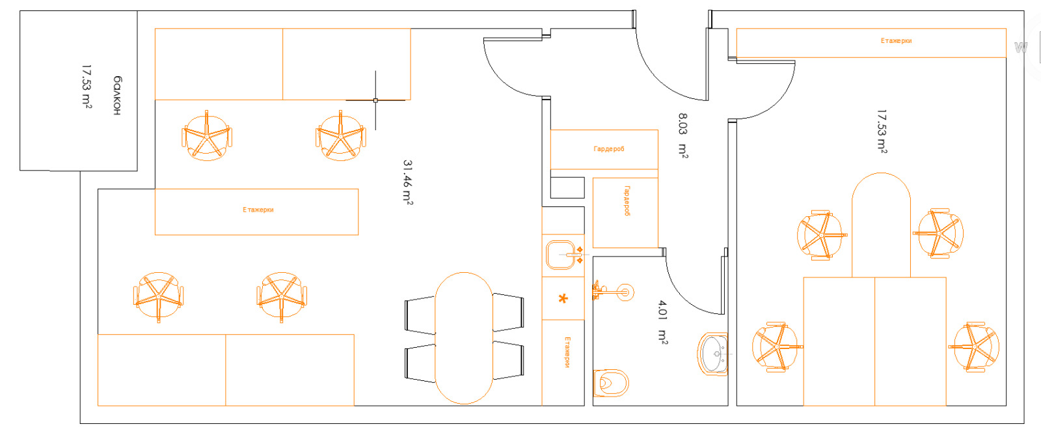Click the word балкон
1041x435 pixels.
(x=117, y=95)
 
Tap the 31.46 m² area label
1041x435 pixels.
(x=407, y=182)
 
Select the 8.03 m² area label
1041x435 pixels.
(x=683, y=135)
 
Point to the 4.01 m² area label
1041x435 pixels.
(x=663, y=322)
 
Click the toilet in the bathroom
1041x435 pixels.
(x=611, y=384)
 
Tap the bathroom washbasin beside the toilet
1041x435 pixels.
(x=713, y=354)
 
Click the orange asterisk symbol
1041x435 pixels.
(x=563, y=299)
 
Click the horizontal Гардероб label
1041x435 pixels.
(x=609, y=149)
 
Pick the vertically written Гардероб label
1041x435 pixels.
(x=627, y=201)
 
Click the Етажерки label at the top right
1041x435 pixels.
(x=896, y=41)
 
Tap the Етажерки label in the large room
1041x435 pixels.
(x=258, y=210)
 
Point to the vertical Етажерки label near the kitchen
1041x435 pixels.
(x=567, y=352)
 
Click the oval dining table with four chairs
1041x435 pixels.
(x=464, y=338)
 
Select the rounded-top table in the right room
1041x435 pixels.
(x=881, y=225)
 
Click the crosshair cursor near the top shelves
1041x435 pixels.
(x=375, y=100)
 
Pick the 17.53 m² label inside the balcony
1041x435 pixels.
(x=87, y=87)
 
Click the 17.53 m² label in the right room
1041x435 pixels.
(x=882, y=131)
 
